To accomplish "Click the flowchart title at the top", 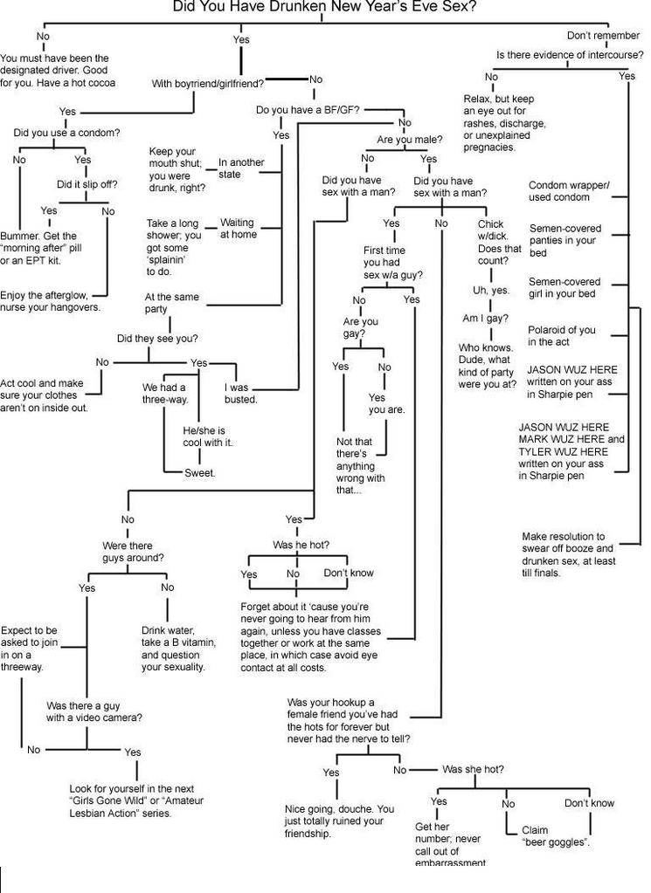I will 324,8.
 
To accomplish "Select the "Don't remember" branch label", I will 603,36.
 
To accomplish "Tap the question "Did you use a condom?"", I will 66,133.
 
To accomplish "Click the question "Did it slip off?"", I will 87,184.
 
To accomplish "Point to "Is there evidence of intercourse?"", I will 570,55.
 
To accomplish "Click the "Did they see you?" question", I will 157,339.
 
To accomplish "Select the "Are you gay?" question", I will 360,327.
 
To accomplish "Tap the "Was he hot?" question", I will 301,545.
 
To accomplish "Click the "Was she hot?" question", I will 472,769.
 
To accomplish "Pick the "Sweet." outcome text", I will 199,473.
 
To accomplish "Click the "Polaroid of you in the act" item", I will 561,335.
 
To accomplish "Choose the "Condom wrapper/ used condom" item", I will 569,191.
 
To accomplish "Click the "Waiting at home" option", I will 238,229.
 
